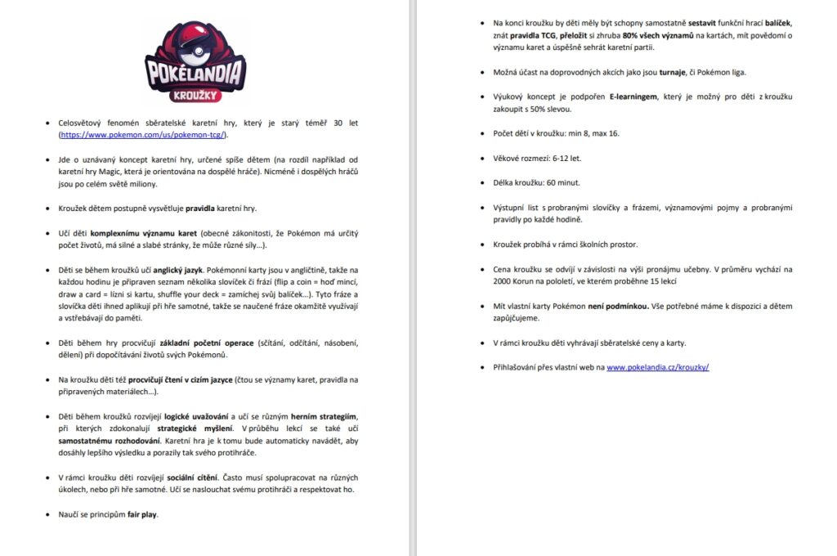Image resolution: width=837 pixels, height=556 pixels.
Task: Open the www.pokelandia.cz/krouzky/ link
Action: click(x=657, y=367)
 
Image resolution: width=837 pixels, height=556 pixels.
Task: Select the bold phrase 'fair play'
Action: click(x=143, y=515)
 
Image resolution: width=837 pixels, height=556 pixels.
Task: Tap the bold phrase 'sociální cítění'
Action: click(x=187, y=478)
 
